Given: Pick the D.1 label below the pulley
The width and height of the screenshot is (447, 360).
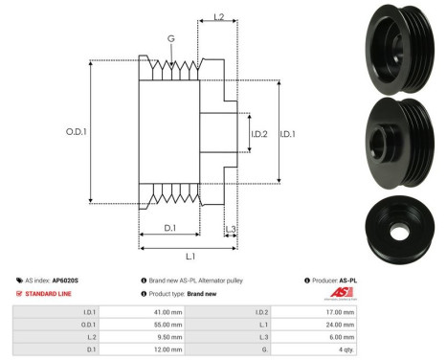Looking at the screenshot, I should [x=168, y=226].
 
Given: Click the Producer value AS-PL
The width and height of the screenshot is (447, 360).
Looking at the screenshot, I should [x=417, y=281].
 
